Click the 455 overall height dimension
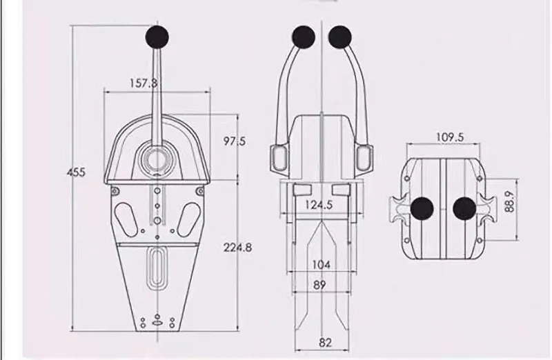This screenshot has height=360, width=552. [x=76, y=172]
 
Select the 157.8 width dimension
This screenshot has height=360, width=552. [x=144, y=83]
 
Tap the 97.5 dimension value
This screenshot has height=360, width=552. [x=235, y=141]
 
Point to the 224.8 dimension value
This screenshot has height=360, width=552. [x=237, y=248]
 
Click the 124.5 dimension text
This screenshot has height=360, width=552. [x=319, y=204]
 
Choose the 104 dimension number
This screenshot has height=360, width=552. [x=322, y=264]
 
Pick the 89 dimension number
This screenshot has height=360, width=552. [x=319, y=285]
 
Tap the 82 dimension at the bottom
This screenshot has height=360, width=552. [x=325, y=342]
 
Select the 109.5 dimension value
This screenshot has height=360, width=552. [x=450, y=137]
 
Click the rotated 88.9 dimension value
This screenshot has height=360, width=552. [x=509, y=201]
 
